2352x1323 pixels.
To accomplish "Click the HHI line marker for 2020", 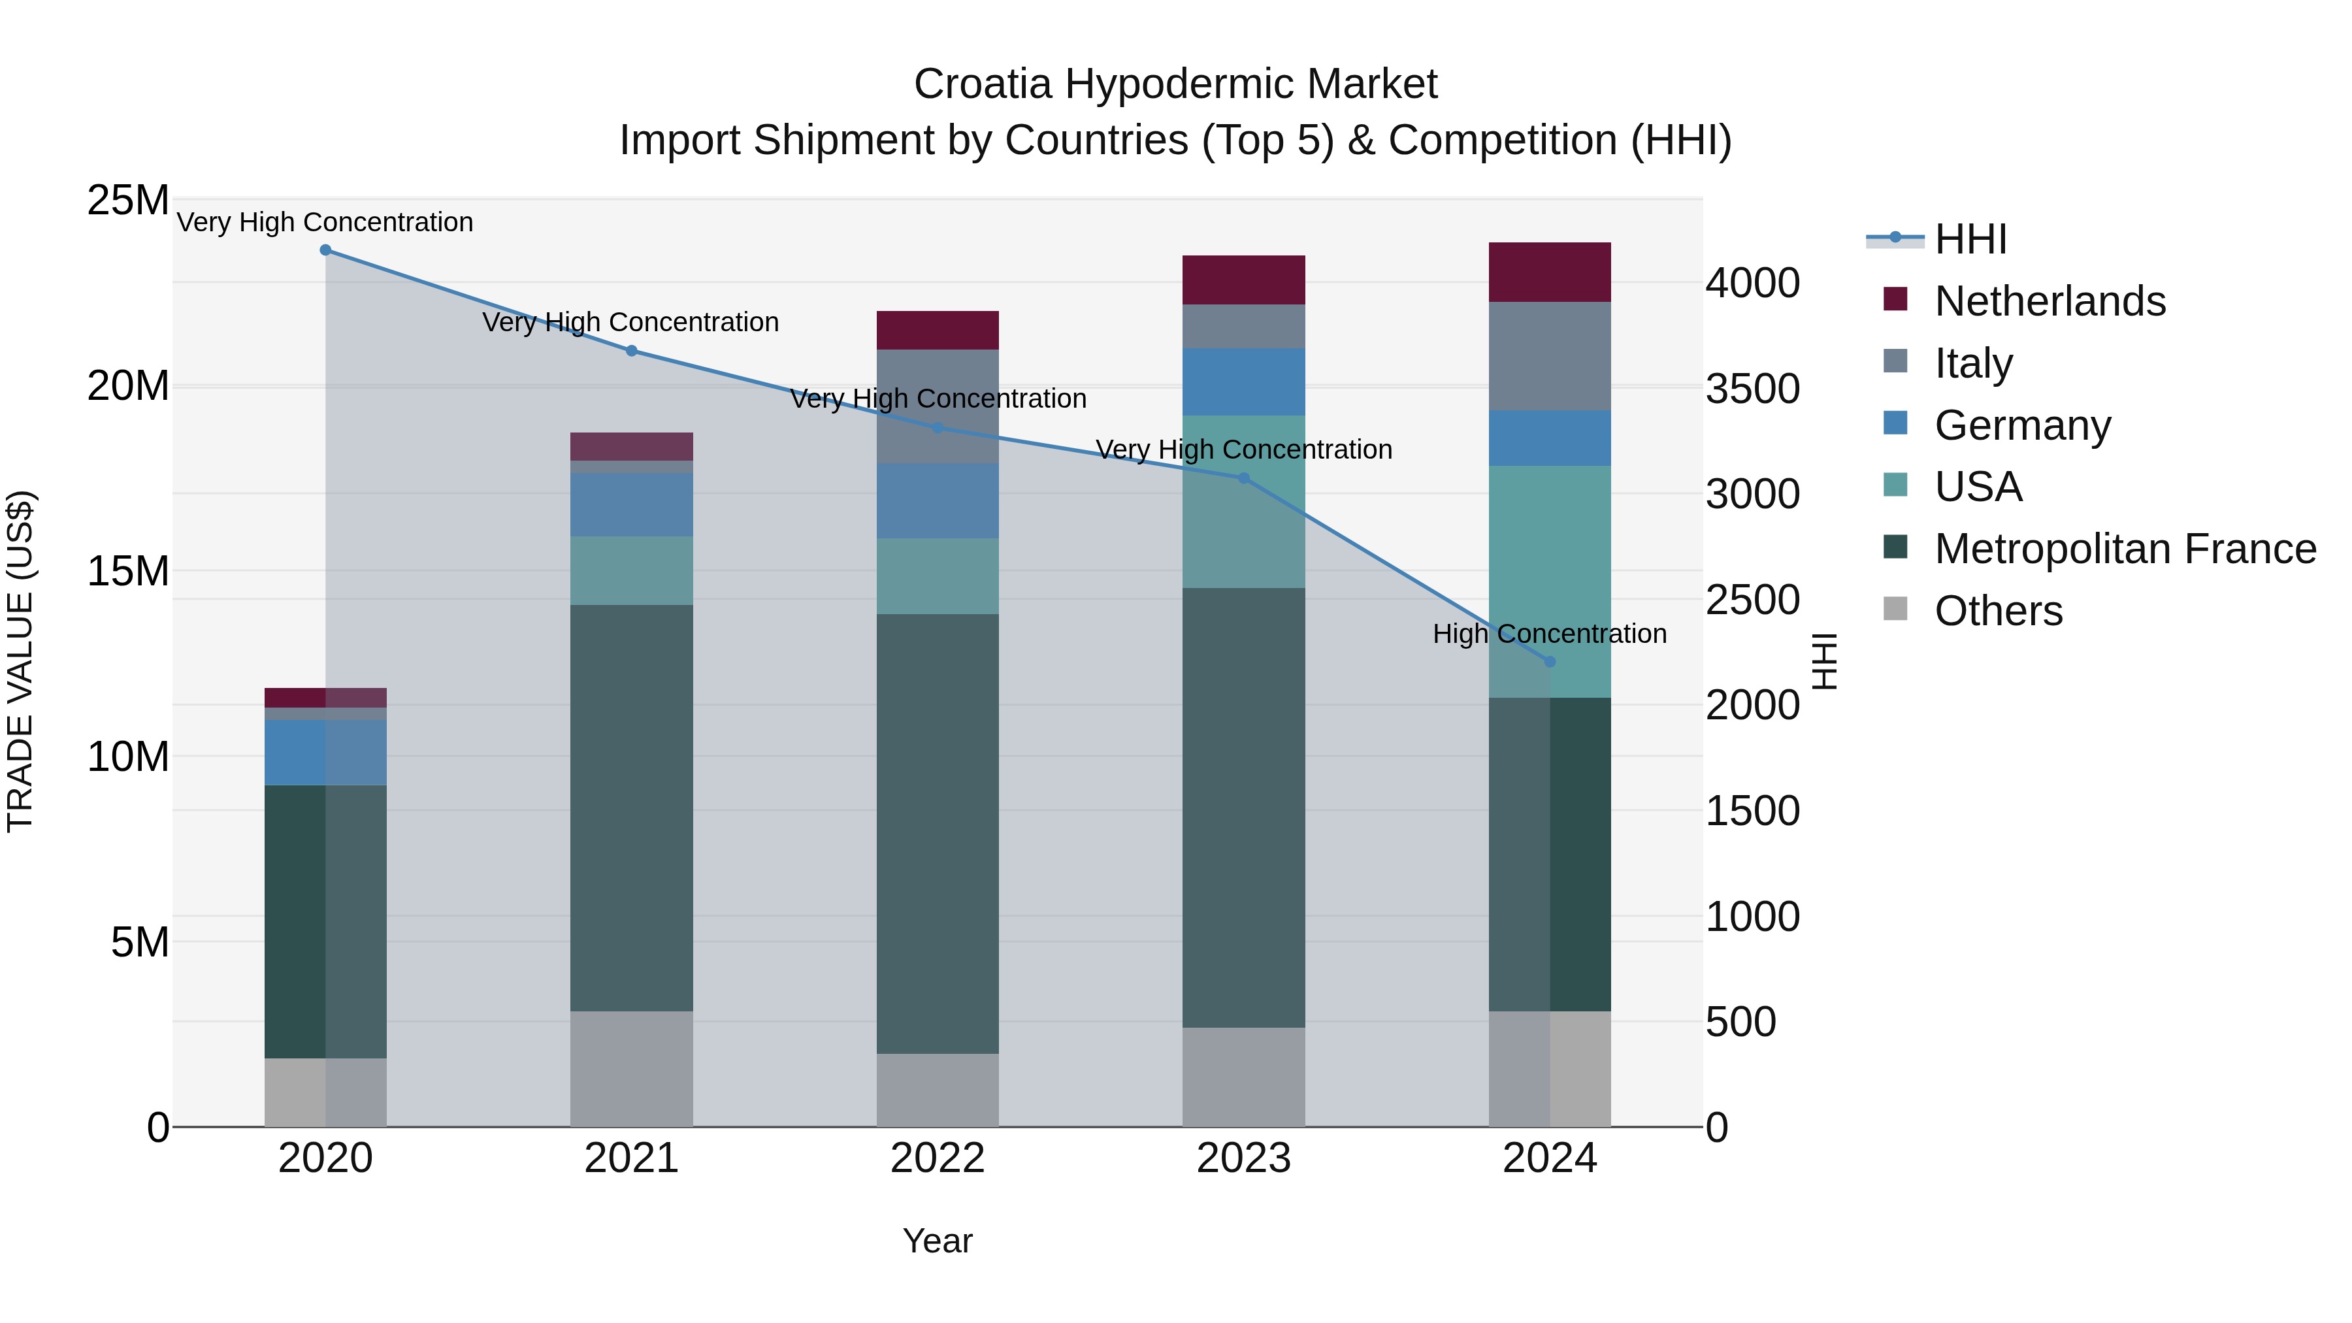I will point(325,250).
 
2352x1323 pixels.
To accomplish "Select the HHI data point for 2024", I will point(1550,662).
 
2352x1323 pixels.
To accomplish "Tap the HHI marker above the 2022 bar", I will point(937,427).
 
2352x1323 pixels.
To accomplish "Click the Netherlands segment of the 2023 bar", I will point(1243,280).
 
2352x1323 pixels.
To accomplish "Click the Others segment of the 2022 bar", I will point(937,1090).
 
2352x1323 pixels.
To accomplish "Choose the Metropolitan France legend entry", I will point(2125,549).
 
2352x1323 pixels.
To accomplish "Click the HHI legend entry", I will point(1970,239).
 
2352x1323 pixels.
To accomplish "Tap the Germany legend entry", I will point(2022,425).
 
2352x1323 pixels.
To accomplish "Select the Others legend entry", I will point(1998,611).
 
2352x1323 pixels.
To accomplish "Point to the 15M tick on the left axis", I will point(128,572).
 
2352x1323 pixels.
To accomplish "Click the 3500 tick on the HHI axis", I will point(1752,389).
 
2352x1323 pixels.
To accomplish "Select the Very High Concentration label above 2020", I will point(325,222).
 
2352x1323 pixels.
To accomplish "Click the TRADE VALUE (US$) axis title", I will point(20,661).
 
